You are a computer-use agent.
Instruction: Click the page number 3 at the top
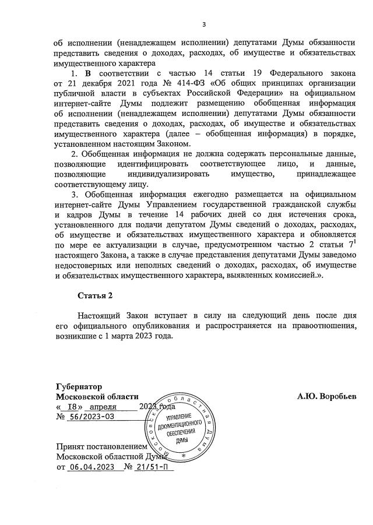point(204,24)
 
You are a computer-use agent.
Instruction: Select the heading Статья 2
point(96,295)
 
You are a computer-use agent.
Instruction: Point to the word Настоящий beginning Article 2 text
point(101,317)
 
